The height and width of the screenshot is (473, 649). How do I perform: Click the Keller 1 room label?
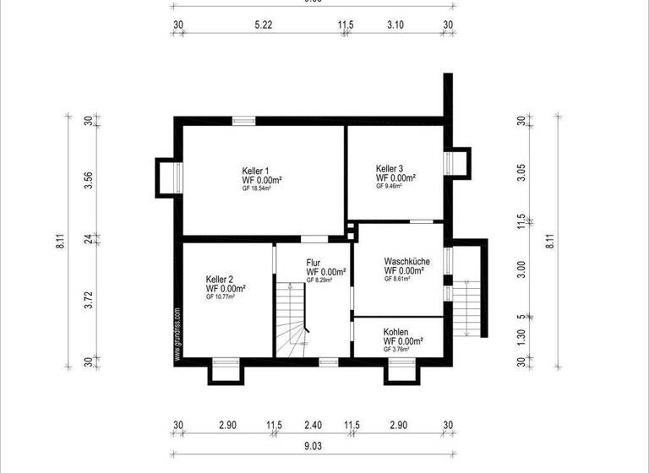pos(255,171)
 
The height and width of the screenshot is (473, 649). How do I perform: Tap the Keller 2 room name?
pos(220,279)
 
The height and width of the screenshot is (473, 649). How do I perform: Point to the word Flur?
pos(314,263)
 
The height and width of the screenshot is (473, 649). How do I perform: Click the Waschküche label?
pos(406,262)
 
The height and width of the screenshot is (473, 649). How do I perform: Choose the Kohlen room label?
pos(396,332)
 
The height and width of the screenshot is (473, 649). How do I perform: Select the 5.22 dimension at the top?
pos(263,25)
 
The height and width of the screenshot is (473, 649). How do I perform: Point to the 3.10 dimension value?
pos(395,25)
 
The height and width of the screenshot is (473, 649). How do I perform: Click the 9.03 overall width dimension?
pos(313,443)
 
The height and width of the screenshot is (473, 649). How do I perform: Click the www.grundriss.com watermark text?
pos(177,334)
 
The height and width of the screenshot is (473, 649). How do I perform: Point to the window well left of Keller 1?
pos(166,177)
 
